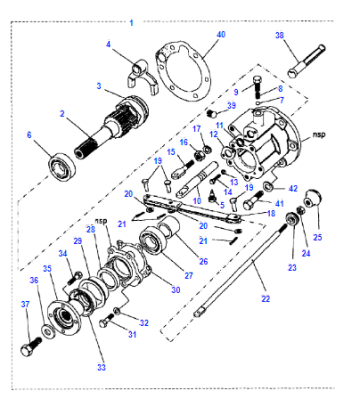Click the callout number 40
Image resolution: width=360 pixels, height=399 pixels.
pos(221,35)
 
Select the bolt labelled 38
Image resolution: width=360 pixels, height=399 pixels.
pos(307,61)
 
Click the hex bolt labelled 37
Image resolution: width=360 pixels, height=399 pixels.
pos(31,346)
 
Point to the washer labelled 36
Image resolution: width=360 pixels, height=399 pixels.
pos(49,330)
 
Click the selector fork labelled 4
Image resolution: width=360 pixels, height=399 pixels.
pos(141,76)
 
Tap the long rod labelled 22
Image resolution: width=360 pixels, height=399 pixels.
pos(241,270)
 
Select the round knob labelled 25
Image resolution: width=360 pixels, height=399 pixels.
pos(312,197)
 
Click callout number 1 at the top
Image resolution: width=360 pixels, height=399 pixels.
pos(131,23)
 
